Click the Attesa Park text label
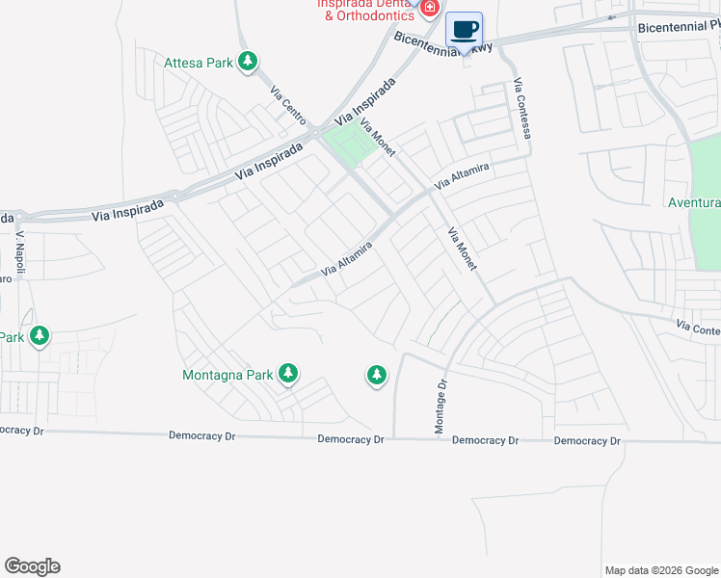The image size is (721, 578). tap(199, 63)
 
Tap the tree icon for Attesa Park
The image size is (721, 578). tap(249, 62)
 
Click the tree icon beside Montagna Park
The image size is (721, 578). tap(287, 373)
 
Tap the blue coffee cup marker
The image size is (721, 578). tap(465, 30)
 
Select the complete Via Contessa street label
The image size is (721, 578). tap(522, 108)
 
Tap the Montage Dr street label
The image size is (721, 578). tap(442, 406)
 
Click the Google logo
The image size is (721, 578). tap(32, 566)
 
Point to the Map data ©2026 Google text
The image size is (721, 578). tap(661, 570)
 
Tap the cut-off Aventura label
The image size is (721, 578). tap(694, 203)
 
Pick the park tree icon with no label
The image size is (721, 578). tap(376, 375)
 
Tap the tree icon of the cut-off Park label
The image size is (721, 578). tap(40, 336)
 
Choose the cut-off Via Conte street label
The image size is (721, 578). tap(698, 328)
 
